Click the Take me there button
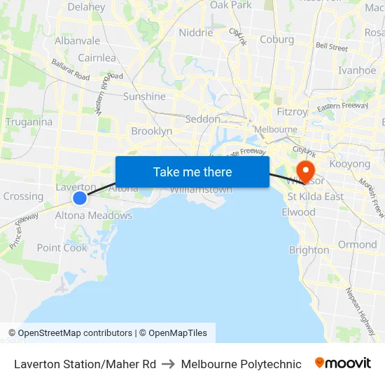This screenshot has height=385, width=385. point(192,171)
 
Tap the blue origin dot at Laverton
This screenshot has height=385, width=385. point(80,198)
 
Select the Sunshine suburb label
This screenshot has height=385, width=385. point(144,97)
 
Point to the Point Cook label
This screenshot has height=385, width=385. point(62,248)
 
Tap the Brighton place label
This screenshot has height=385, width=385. point(309,250)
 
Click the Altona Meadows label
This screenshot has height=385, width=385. point(94,216)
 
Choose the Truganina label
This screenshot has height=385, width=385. point(29,122)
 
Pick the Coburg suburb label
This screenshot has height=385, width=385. point(276,40)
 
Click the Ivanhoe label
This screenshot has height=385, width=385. point(357,70)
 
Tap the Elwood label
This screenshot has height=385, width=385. point(298,212)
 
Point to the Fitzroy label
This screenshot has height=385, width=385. point(291,111)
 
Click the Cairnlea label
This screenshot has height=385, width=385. point(97,58)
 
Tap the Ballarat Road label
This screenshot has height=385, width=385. point(70,70)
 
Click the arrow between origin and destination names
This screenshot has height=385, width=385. point(168,364)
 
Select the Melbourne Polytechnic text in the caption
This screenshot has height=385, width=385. point(241,364)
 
